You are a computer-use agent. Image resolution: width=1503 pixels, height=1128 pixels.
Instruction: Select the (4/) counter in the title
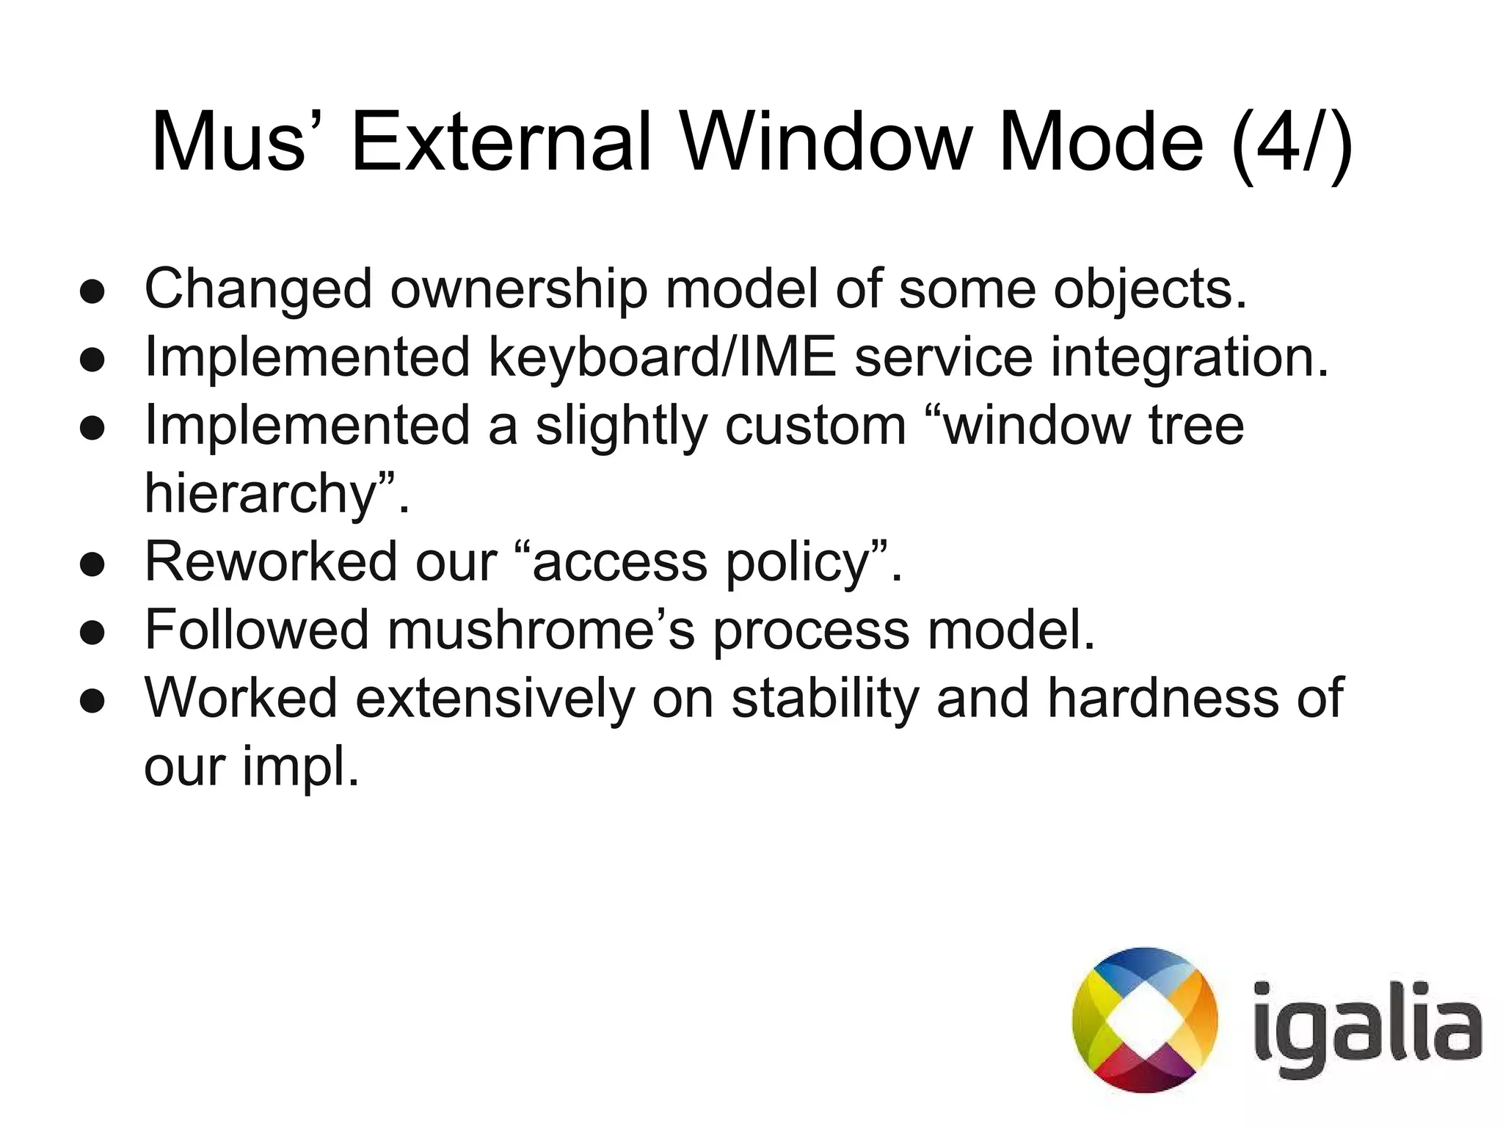1292,143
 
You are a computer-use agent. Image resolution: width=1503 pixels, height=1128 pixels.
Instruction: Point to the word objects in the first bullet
1150,291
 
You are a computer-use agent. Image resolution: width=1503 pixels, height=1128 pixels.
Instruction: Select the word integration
1190,358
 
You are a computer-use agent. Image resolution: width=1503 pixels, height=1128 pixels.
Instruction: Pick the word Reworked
271,562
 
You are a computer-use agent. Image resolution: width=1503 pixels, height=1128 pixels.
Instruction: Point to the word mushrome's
541,630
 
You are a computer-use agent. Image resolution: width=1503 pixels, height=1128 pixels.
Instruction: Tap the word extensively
495,697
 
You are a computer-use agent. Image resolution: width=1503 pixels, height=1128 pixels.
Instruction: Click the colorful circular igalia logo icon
1144,1020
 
